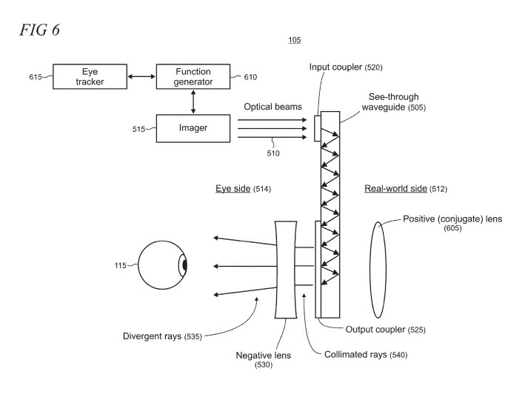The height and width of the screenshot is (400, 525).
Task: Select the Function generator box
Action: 193,76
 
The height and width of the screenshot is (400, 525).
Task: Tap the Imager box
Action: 193,128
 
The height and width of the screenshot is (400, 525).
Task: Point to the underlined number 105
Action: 294,40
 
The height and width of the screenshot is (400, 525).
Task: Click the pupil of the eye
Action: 184,264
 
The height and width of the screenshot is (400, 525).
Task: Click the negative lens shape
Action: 285,269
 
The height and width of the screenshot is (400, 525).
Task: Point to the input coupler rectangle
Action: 318,128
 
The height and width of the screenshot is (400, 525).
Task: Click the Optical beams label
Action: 273,107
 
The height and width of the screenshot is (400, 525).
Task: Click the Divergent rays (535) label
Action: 161,336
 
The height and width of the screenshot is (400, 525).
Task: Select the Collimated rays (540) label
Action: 366,355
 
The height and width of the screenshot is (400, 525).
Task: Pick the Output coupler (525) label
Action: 386,329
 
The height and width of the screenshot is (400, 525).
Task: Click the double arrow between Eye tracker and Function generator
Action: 141,76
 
